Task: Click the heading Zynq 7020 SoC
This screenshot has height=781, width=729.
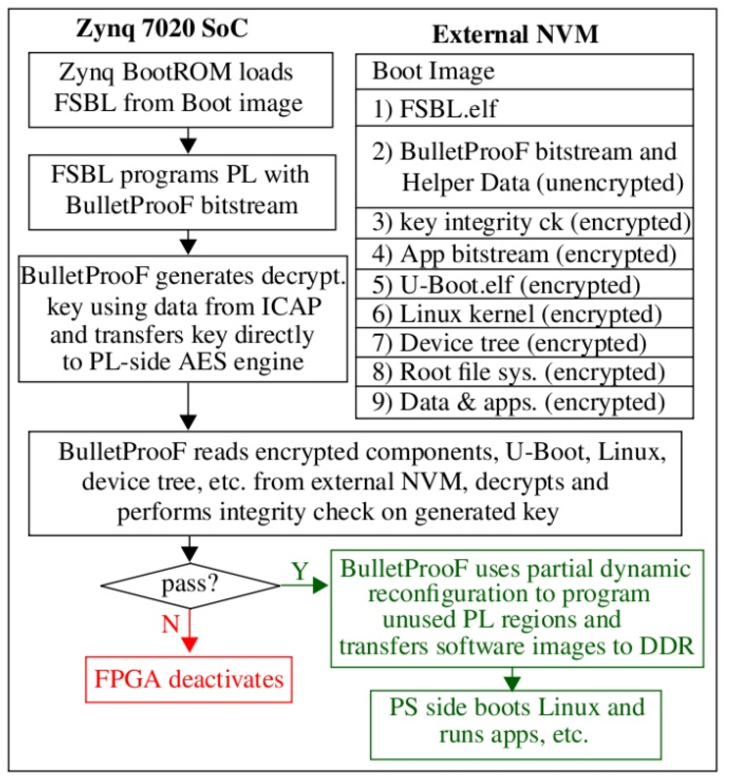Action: (x=162, y=28)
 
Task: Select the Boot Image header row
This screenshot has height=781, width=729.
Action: (x=524, y=72)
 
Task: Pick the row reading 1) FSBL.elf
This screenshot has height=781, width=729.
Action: (x=524, y=108)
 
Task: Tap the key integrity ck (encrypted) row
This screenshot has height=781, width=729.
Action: (x=524, y=223)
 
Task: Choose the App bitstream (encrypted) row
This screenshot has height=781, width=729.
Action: (x=524, y=254)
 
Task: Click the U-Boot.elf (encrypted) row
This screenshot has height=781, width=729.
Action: (x=524, y=285)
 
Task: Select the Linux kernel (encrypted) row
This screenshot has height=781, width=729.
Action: (x=524, y=314)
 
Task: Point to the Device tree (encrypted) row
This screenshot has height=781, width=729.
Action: (x=524, y=343)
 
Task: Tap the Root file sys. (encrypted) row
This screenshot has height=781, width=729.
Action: (x=524, y=372)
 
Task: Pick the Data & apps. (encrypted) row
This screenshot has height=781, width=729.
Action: (x=524, y=402)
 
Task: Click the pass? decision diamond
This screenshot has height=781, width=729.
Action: (x=190, y=585)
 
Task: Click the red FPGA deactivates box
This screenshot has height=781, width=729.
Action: (x=189, y=679)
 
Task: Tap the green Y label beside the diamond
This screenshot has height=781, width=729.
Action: (x=300, y=571)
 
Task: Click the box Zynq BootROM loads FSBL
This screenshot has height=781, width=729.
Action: (x=180, y=90)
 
